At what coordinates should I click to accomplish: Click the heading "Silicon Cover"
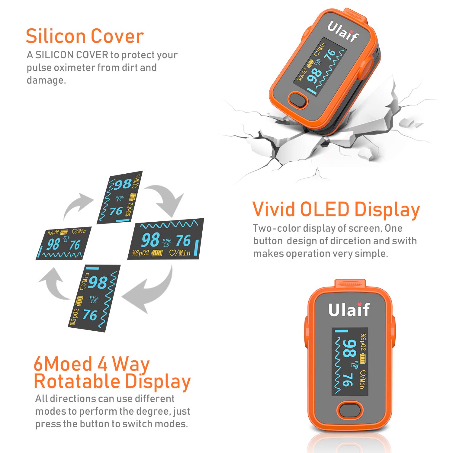point(85,36)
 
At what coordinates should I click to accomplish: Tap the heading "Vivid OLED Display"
point(336,209)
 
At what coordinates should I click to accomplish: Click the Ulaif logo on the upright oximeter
point(349,310)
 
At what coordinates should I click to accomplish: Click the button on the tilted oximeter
point(297,100)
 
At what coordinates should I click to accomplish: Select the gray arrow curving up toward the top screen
point(77,205)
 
